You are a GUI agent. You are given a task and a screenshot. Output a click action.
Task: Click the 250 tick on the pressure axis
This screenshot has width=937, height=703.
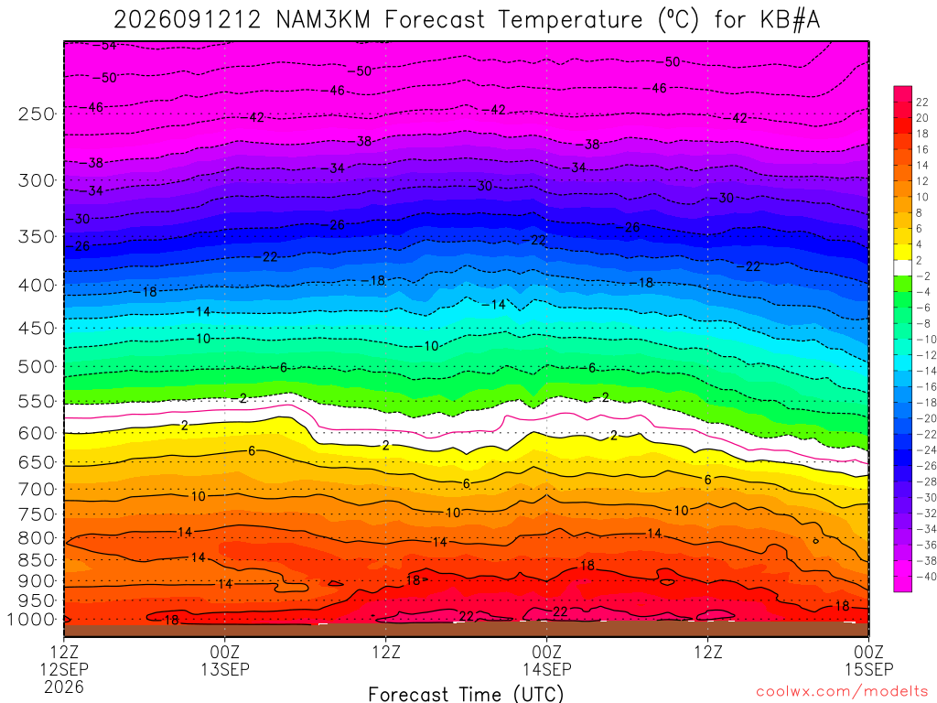pyautogui.click(x=37, y=114)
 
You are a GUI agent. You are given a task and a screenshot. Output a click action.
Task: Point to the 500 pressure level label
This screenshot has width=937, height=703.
pyautogui.click(x=37, y=367)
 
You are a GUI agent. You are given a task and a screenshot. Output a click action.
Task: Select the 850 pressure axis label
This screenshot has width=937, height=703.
pyautogui.click(x=37, y=560)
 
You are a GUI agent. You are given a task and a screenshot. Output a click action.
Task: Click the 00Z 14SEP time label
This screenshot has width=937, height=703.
pyautogui.click(x=547, y=661)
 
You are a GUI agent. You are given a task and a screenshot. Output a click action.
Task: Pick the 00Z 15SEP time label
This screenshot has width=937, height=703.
pyautogui.click(x=868, y=661)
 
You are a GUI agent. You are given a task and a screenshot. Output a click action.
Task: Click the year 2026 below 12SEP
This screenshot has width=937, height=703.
pyautogui.click(x=64, y=687)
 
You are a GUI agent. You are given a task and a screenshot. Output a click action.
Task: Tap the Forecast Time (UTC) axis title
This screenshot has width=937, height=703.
pyautogui.click(x=466, y=694)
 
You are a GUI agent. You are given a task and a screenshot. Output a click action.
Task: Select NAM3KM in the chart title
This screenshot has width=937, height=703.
pyautogui.click(x=323, y=20)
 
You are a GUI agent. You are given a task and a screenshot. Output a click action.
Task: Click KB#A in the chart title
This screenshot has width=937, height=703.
pyautogui.click(x=790, y=20)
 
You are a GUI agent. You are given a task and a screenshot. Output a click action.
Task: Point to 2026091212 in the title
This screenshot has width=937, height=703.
pyautogui.click(x=188, y=20)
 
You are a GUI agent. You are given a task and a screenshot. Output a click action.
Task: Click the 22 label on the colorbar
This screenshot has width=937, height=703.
pyautogui.click(x=922, y=103)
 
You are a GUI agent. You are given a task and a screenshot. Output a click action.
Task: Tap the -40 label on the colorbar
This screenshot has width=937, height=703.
pyautogui.click(x=926, y=577)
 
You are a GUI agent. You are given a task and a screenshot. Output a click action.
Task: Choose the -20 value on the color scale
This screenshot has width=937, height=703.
pyautogui.click(x=926, y=418)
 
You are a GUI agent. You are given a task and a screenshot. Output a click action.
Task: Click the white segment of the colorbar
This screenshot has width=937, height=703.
pyautogui.click(x=902, y=268)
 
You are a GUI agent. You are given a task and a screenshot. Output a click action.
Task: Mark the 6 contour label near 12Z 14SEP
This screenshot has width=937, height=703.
pyautogui.click(x=707, y=480)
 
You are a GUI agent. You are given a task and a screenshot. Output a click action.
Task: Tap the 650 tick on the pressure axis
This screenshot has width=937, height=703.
pyautogui.click(x=37, y=462)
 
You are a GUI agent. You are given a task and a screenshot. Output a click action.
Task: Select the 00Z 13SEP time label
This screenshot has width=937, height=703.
pyautogui.click(x=225, y=661)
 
